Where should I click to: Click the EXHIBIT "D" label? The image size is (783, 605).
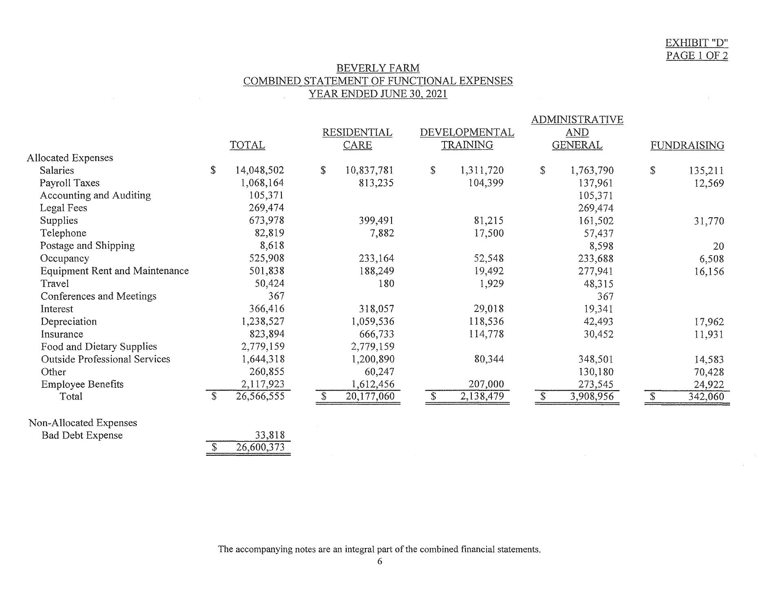697,43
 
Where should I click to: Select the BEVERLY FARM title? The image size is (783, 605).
378,68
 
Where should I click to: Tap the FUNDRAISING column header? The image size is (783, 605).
687,145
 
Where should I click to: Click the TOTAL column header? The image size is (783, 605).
247,145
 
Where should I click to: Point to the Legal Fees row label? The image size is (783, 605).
63,208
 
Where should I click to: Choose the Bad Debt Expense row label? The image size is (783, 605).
82,435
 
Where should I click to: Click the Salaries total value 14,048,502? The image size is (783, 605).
259,170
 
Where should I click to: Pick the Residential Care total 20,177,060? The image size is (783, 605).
370,396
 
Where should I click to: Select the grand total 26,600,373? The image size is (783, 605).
260,447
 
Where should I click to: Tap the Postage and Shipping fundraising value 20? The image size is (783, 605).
718,246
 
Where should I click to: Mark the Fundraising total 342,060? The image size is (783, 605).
706,397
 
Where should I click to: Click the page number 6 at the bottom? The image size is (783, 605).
380,561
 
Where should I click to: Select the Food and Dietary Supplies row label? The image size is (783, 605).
99,347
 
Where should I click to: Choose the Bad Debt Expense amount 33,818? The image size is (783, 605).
270,435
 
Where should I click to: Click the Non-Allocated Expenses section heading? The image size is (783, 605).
83,423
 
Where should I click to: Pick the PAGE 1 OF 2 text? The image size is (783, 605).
697,55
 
